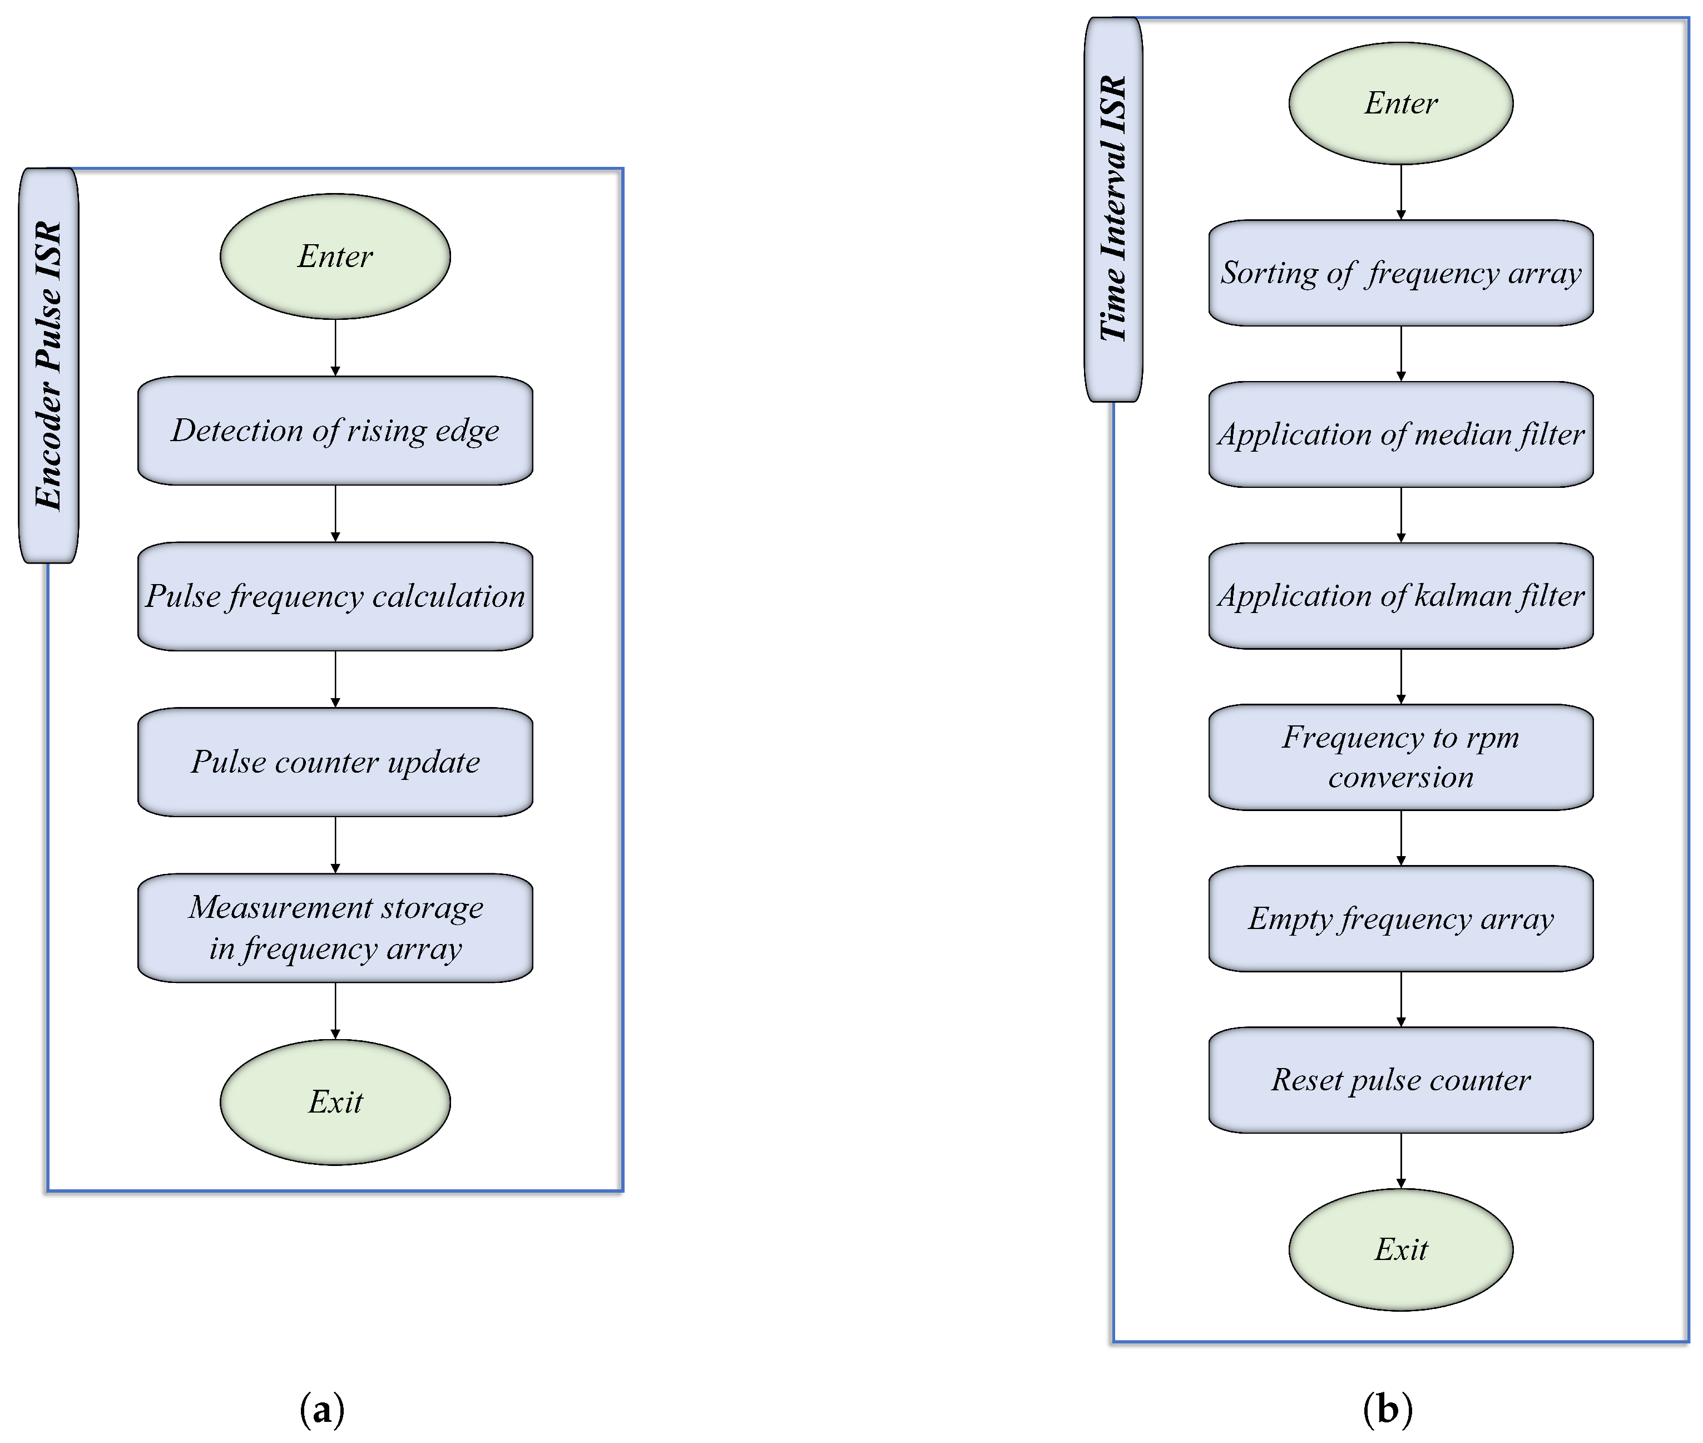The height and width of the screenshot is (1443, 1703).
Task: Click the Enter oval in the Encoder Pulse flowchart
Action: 335,256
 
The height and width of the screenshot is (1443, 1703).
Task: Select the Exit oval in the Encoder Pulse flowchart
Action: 335,1102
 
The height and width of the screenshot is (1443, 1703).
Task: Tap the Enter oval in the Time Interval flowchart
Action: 1400,103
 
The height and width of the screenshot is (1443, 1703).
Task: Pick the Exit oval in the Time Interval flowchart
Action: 1400,1249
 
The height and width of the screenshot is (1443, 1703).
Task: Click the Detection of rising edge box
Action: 335,430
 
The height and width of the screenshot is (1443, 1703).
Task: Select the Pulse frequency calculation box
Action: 335,596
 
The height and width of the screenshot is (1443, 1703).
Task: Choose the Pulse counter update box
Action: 335,762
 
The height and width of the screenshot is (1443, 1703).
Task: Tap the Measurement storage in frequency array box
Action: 335,928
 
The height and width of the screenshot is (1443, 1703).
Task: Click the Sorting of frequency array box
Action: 1400,273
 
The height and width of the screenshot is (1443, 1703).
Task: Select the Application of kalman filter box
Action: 1400,596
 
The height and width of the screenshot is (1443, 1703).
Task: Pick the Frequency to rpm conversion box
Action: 1400,757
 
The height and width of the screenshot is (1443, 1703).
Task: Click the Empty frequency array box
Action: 1400,918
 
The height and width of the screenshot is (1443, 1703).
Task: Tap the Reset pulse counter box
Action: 1400,1080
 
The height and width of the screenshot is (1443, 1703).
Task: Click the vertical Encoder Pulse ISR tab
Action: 49,365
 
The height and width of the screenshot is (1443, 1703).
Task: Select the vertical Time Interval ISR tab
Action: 1113,209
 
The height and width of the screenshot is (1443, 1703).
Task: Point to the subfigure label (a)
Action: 322,1409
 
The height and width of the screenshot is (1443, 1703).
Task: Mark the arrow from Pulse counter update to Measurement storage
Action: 335,845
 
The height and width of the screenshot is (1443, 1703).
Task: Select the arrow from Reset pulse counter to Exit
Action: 1400,1160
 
